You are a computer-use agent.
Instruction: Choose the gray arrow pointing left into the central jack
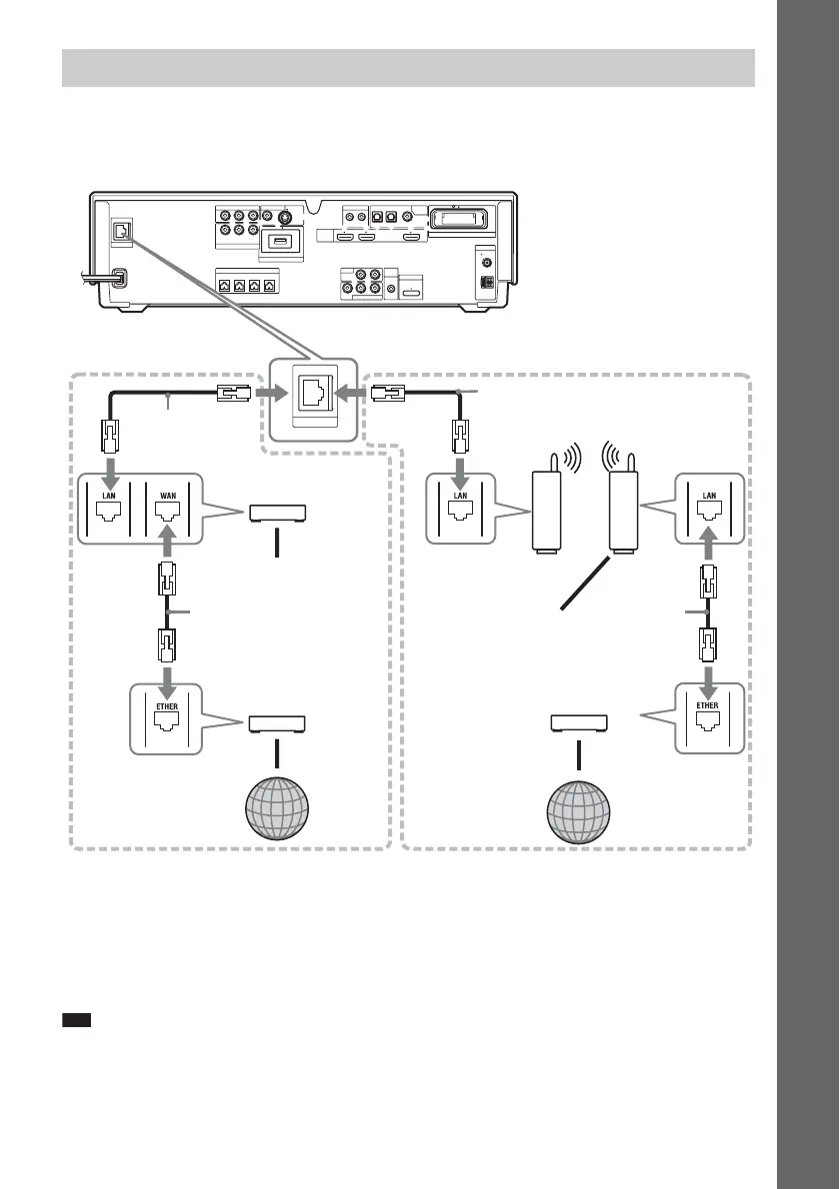355,394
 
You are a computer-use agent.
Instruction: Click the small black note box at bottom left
76,1020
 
